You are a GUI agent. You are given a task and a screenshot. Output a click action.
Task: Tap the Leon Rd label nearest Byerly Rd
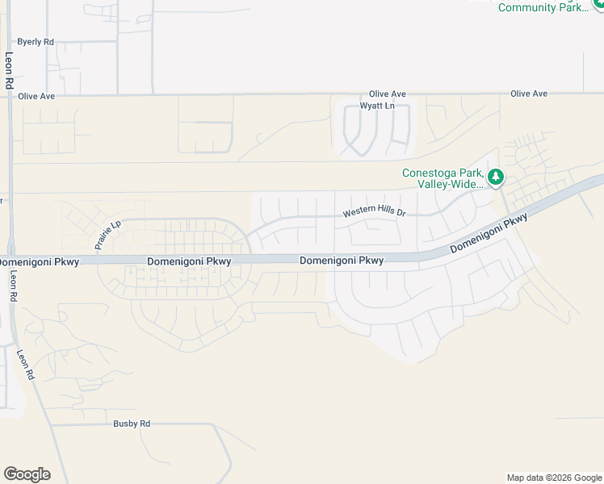(x=9, y=69)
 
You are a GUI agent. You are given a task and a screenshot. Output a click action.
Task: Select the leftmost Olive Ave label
(x=36, y=96)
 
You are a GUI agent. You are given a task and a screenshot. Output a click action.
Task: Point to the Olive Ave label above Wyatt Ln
(x=388, y=94)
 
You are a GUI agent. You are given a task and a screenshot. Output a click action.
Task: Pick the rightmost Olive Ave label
(x=529, y=94)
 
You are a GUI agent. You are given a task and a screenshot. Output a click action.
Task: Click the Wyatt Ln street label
(x=377, y=106)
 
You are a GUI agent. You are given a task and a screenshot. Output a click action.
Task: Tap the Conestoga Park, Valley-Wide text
(x=443, y=178)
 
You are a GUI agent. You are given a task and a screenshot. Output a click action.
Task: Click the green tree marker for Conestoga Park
(x=497, y=177)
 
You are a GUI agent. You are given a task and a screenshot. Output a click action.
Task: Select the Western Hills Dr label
(x=374, y=212)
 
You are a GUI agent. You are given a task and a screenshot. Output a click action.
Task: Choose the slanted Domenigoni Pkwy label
(x=489, y=235)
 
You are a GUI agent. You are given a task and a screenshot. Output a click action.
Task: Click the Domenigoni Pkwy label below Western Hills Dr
(x=342, y=261)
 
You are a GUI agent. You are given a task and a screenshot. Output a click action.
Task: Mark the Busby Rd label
(x=132, y=423)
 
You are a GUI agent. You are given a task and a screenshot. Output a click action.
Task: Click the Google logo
(x=27, y=474)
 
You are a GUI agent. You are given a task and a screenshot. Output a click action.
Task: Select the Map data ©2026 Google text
(x=553, y=478)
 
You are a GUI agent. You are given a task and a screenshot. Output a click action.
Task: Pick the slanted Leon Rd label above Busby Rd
(x=26, y=365)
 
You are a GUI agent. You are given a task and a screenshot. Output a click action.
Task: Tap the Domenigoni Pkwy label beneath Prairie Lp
(x=190, y=261)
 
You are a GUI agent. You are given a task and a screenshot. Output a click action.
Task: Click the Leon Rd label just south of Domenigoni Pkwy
(x=13, y=286)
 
